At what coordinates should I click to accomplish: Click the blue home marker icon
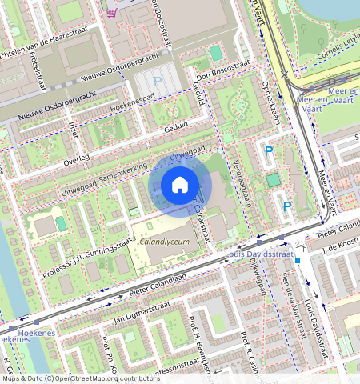(180, 185)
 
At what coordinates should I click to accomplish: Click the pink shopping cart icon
(111, 10)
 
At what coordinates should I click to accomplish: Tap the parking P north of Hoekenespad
(157, 82)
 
